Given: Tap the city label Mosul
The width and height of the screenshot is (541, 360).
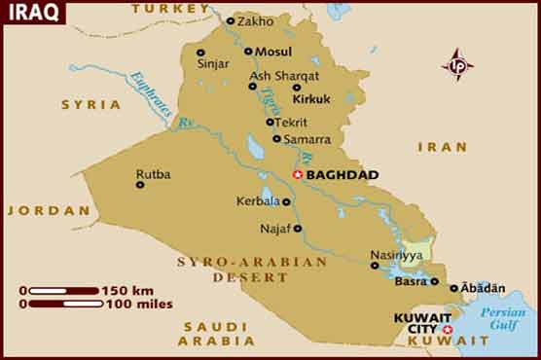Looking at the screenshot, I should click(x=273, y=52).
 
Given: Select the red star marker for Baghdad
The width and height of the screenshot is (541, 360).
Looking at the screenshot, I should click(x=298, y=175).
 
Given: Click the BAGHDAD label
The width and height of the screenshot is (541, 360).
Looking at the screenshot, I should click(x=342, y=175).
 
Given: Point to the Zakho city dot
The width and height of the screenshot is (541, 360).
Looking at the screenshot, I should click(x=231, y=20).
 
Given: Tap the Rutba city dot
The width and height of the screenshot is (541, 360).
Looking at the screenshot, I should click(x=140, y=184).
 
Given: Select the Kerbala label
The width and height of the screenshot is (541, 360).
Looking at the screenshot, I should click(x=257, y=201).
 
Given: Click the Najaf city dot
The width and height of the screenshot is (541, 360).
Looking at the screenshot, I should click(x=298, y=229).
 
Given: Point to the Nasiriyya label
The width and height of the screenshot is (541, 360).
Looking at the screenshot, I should click(x=396, y=255).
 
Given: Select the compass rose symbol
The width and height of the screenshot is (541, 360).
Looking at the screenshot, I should click(x=456, y=65).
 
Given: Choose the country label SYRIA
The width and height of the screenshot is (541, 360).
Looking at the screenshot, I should click(x=91, y=104).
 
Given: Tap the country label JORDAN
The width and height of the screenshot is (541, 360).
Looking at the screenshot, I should click(x=36, y=210).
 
